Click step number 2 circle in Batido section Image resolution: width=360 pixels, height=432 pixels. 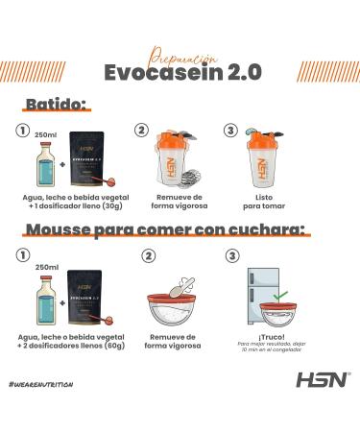pyautogui.click(x=142, y=132)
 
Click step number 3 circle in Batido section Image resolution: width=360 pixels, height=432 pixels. pyautogui.click(x=231, y=132)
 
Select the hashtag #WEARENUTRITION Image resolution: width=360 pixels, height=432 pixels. pyautogui.click(x=40, y=384)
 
